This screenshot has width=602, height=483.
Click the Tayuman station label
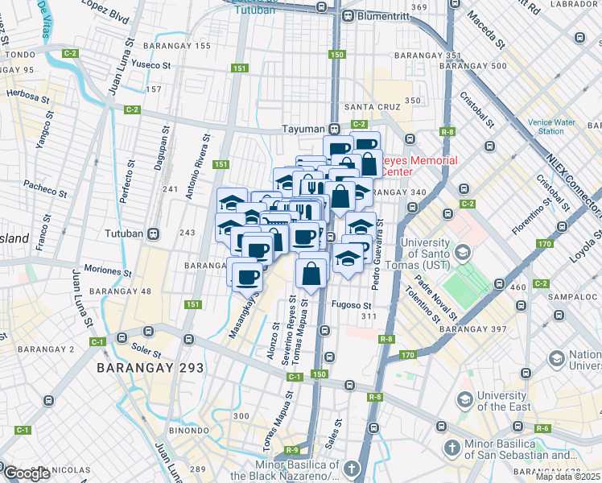(x=303, y=129)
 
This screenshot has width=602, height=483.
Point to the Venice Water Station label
(x=551, y=126)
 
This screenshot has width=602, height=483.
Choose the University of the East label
(x=504, y=400)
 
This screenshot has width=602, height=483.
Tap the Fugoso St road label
(x=351, y=306)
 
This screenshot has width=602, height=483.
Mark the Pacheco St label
(x=45, y=188)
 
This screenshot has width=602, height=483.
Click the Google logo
(x=26, y=473)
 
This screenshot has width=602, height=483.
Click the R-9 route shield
(x=291, y=449)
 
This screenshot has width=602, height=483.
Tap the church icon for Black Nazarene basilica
(x=352, y=469)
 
